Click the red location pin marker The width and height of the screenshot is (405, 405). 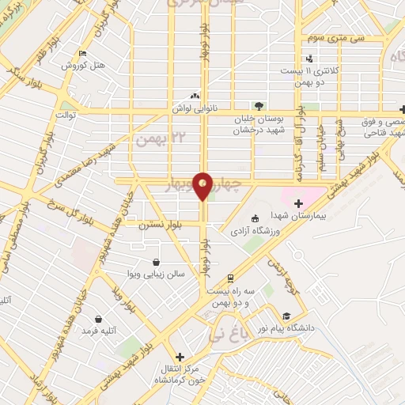[x=202, y=185]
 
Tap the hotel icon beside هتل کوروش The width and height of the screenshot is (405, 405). [x=83, y=54]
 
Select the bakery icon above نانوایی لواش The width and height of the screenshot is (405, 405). [x=195, y=97]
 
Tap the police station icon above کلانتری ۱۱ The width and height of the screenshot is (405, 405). [x=309, y=57]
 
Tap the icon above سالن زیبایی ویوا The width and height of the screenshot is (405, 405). [x=156, y=261]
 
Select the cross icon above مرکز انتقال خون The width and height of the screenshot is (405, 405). [x=180, y=357]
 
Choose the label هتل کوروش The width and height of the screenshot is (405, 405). [x=83, y=66]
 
